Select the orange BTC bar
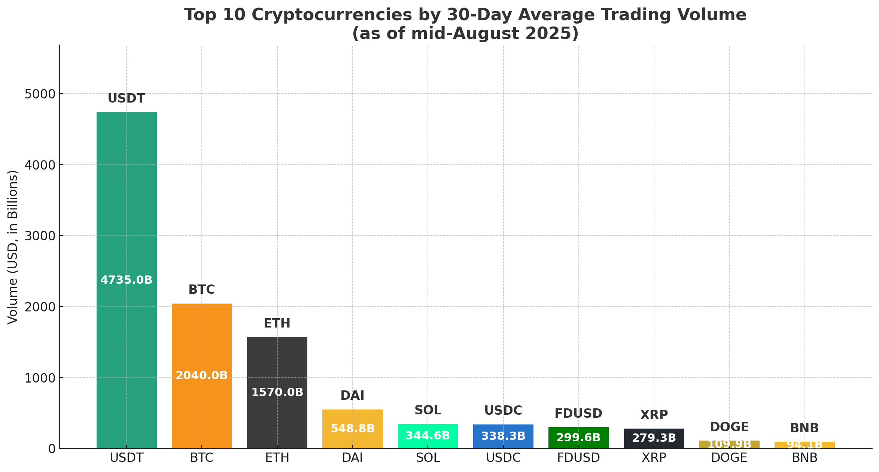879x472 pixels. click(202, 337)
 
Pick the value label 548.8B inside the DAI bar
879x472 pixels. click(352, 429)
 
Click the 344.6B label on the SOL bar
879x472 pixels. click(428, 436)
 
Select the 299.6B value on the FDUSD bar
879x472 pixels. click(578, 438)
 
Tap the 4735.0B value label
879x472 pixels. click(127, 280)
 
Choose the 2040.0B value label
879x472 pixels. click(202, 375)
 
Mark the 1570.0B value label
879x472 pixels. click(277, 392)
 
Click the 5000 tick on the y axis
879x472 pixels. click(40, 94)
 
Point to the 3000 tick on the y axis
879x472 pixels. click(40, 236)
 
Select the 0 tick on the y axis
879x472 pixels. click(52, 449)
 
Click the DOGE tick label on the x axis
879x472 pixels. click(729, 458)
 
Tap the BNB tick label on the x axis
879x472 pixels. click(805, 458)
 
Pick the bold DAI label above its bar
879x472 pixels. click(352, 396)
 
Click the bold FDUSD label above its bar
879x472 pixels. click(578, 414)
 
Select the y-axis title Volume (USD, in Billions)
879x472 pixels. click(13, 247)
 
